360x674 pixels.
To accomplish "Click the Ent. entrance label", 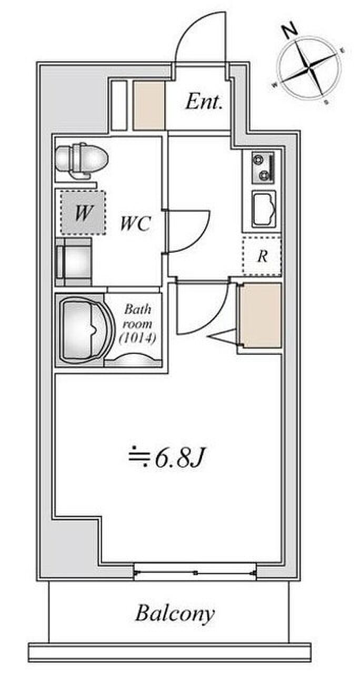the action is pos(204,102).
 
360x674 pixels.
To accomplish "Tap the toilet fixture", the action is pos(82,161).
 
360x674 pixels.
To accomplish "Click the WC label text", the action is pos(135,224).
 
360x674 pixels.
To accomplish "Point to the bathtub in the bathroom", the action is pos(87,329).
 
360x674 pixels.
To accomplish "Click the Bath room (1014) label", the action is pos(137,324).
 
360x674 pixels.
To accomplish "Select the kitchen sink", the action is pos(264,209).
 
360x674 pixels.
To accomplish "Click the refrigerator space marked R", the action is pos(262,256).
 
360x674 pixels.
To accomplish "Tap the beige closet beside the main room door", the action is pos(261,315).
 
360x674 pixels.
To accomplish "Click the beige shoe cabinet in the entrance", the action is pos(149,106).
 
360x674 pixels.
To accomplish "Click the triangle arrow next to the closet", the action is pos(223,336).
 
